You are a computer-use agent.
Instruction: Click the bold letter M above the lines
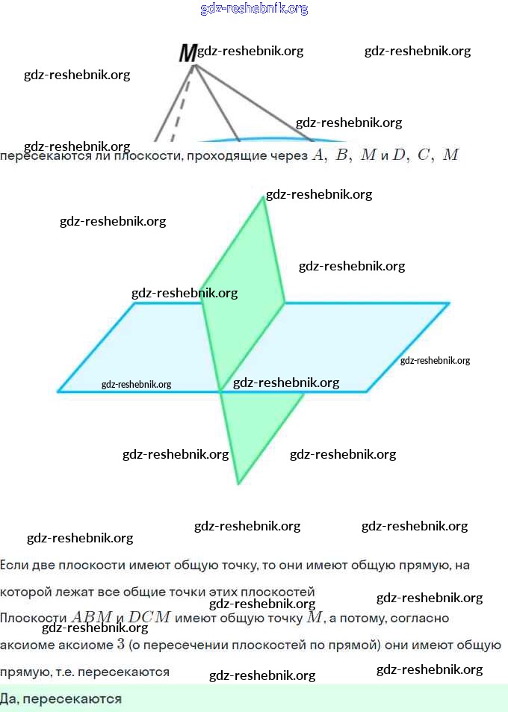(x=188, y=53)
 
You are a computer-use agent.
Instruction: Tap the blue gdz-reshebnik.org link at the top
(x=254, y=9)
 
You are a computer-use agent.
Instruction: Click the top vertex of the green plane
(x=264, y=196)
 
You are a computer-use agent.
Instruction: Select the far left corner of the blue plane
(x=59, y=391)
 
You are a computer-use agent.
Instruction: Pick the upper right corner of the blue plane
(x=448, y=303)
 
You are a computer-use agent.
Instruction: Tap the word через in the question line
(x=290, y=156)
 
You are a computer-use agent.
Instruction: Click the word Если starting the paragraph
(x=13, y=566)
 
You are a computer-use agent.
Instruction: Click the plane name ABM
(x=91, y=618)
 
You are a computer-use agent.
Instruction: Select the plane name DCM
(x=149, y=618)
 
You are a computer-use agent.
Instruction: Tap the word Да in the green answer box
(x=9, y=699)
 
